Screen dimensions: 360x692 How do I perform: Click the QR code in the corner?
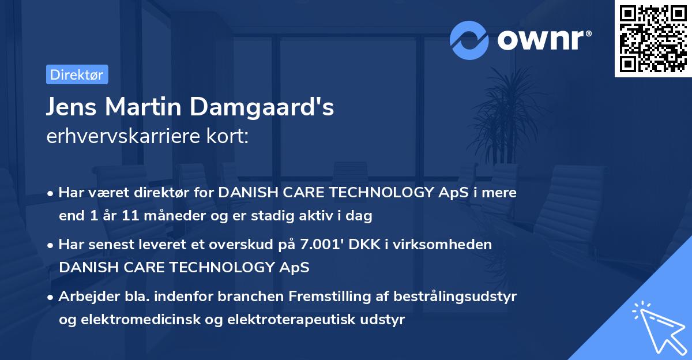click(x=653, y=38)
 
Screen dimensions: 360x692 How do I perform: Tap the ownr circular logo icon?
click(x=470, y=40)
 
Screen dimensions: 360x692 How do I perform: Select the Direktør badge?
click(x=77, y=74)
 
